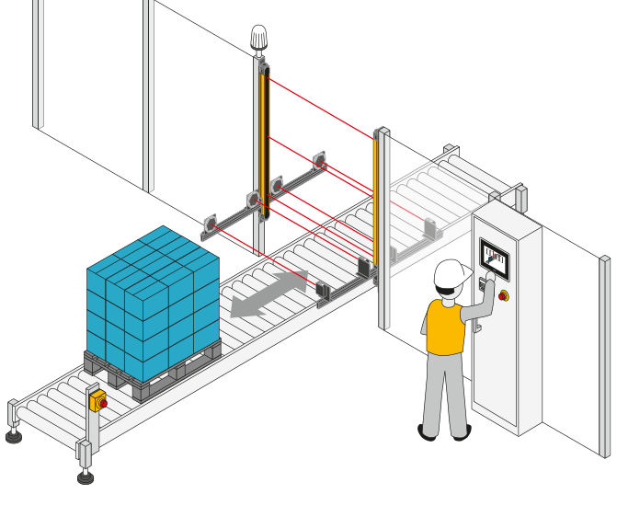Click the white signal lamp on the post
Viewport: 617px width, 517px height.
point(259,38)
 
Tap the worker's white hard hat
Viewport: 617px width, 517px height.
point(451,273)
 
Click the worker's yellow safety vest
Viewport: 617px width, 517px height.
point(446,327)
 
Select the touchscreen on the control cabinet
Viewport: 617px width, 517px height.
point(494,258)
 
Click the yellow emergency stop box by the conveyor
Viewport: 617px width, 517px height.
point(97,400)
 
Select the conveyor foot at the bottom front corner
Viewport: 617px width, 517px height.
point(86,476)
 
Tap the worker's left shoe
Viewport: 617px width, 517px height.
point(428,431)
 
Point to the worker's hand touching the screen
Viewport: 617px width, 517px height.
point(489,277)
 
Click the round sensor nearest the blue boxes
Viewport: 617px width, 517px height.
point(211,224)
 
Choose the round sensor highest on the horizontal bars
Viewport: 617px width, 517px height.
point(320,161)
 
